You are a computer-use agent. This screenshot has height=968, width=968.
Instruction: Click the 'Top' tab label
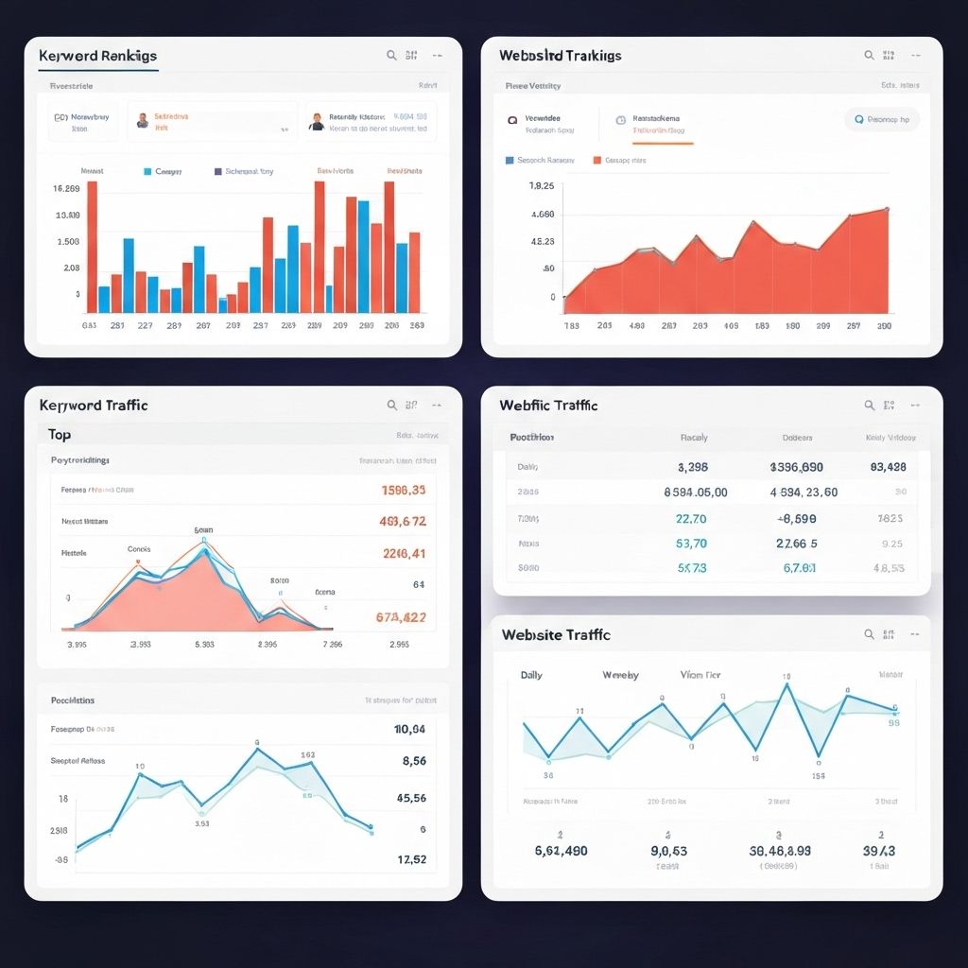[x=60, y=435]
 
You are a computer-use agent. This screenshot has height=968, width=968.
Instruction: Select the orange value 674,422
[x=400, y=617]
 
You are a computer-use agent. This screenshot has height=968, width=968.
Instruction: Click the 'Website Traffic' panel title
[x=556, y=635]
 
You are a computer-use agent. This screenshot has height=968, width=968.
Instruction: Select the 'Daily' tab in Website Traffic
[x=531, y=675]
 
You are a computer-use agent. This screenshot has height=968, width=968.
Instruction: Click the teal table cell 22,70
[x=691, y=518]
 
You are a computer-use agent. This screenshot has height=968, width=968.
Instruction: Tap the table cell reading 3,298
[x=693, y=467]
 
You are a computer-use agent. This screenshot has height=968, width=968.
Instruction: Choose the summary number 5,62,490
[x=561, y=851]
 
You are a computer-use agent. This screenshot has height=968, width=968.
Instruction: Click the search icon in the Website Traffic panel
[x=869, y=635]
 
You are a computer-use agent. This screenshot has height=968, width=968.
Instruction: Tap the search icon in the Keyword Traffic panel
[x=391, y=405]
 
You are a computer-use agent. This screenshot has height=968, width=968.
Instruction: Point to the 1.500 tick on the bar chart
[x=68, y=241]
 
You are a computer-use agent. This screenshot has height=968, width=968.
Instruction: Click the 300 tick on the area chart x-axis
[x=884, y=325]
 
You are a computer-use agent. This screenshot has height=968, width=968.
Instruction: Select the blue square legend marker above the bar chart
[x=147, y=172]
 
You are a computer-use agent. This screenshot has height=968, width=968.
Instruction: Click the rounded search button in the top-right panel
[x=881, y=120]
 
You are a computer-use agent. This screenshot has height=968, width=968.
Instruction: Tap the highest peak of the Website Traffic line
[x=785, y=685]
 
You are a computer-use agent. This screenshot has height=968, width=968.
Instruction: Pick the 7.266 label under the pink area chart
[x=333, y=645]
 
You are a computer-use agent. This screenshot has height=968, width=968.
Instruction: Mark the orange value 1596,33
[x=403, y=491]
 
